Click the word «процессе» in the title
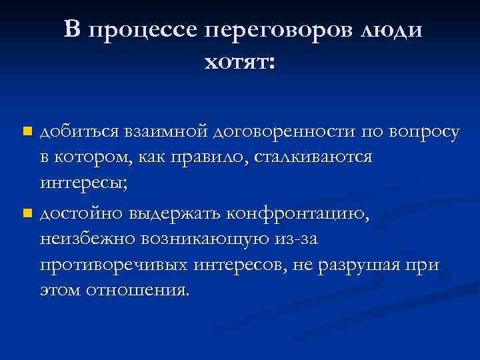click(141, 30)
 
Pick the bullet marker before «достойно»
click(27, 214)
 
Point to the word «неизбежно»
click(83, 239)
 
